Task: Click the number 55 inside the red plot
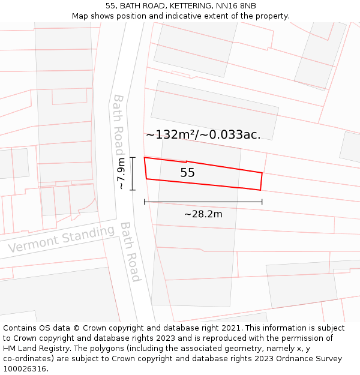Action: pos(188,173)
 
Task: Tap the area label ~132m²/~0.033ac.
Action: pos(203,134)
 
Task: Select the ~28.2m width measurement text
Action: pos(203,214)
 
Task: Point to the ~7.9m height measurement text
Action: pos(121,173)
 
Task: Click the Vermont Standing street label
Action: pos(61,239)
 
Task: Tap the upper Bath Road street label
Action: pos(118,124)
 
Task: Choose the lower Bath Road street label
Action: pos(130,251)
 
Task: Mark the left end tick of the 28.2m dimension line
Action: pos(145,202)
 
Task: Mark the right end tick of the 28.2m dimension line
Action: pos(262,202)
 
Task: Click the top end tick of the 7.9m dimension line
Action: pos(133,158)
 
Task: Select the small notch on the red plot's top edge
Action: pos(186,161)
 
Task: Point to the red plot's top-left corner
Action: pos(145,158)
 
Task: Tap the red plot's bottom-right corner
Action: pos(260,190)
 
